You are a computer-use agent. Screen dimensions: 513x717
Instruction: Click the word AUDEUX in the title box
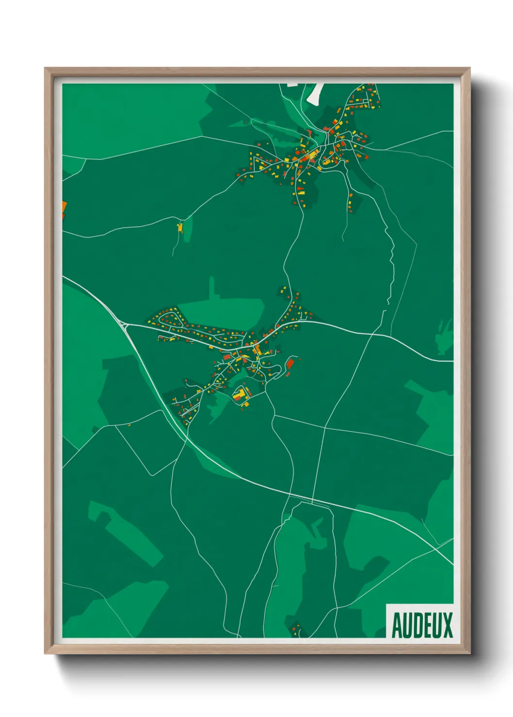pyautogui.click(x=422, y=625)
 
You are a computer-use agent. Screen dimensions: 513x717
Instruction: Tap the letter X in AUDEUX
pyautogui.click(x=447, y=625)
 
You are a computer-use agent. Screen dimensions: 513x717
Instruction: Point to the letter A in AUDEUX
pyautogui.click(x=396, y=625)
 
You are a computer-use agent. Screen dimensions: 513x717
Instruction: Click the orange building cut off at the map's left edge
pyautogui.click(x=64, y=208)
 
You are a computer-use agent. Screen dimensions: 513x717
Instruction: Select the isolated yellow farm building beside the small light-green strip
pyautogui.click(x=180, y=227)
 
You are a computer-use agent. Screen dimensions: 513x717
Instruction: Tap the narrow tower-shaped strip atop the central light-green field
pyautogui.click(x=211, y=288)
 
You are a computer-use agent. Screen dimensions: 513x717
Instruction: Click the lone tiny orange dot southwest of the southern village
pyautogui.click(x=129, y=425)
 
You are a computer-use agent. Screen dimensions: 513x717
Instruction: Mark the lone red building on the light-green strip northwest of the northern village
pyautogui.click(x=246, y=122)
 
